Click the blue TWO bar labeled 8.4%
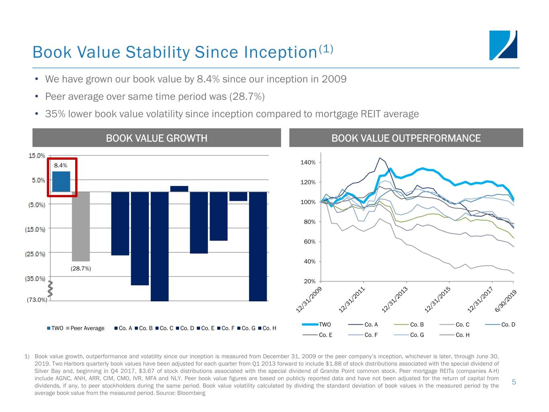61,181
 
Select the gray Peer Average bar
81,226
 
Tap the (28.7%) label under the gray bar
81,268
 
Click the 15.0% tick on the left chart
37,156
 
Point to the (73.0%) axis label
37,300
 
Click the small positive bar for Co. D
179,189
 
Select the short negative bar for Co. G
238,196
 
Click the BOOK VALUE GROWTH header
156,138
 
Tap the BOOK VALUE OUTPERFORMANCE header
406,138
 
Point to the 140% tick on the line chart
308,163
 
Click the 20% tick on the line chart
309,281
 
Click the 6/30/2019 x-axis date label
506,301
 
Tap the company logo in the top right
503,45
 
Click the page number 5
514,382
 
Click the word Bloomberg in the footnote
191,393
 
